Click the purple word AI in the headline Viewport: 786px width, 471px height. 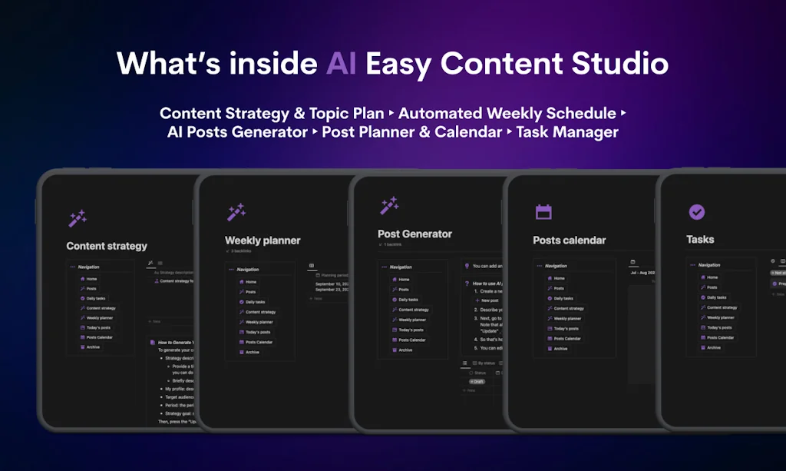coord(341,63)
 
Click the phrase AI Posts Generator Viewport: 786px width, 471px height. coord(237,132)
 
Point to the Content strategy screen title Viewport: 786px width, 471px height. coord(107,246)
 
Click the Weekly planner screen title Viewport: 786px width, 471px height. coord(263,240)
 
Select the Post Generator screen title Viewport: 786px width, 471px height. coord(414,234)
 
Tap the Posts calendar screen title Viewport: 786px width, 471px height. coord(570,240)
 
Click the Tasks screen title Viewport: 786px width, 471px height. coord(700,239)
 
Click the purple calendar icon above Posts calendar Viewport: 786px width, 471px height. coord(543,212)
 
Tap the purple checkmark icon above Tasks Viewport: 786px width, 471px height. coord(697,211)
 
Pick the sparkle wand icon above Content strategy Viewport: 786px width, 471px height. coord(78,219)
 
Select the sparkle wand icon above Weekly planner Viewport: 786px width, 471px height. coord(236,212)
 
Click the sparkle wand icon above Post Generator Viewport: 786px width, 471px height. coord(389,206)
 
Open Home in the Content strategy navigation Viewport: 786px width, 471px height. coord(91,279)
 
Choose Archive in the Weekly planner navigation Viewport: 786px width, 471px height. coord(252,352)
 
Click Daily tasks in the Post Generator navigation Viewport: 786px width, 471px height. coord(408,300)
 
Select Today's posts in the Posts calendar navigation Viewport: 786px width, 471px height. coord(564,328)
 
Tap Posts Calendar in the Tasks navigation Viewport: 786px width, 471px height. coord(720,337)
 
